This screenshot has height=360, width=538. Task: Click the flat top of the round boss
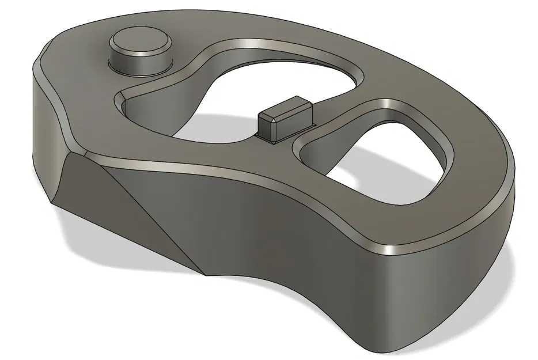pyautogui.click(x=140, y=41)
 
